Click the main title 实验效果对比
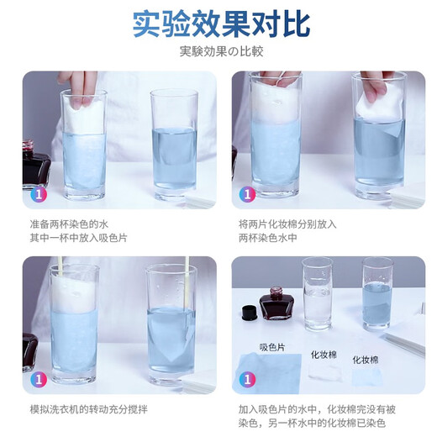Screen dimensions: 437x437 pyautogui.click(x=218, y=24)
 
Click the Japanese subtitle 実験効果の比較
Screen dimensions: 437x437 pyautogui.click(x=218, y=51)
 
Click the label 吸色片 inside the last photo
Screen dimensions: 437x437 pyautogui.click(x=270, y=346)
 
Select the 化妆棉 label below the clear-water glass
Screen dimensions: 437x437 pyautogui.click(x=324, y=354)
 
